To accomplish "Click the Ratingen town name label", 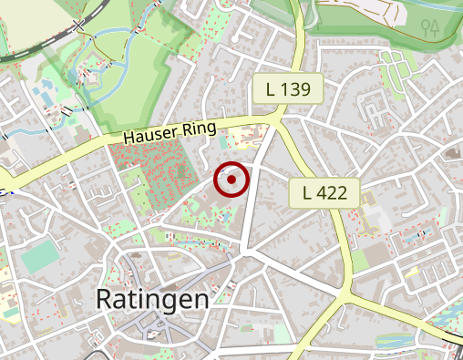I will coord(152,298).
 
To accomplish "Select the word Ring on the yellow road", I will coord(199,128).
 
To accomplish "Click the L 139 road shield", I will coord(288,89).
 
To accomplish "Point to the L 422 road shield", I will coord(324,192).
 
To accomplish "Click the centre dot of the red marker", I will coord(232,180).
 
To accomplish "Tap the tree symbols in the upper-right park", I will coord(431,26).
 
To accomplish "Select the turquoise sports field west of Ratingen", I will coord(38,257).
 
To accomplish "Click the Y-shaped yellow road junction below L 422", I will coord(346,293).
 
